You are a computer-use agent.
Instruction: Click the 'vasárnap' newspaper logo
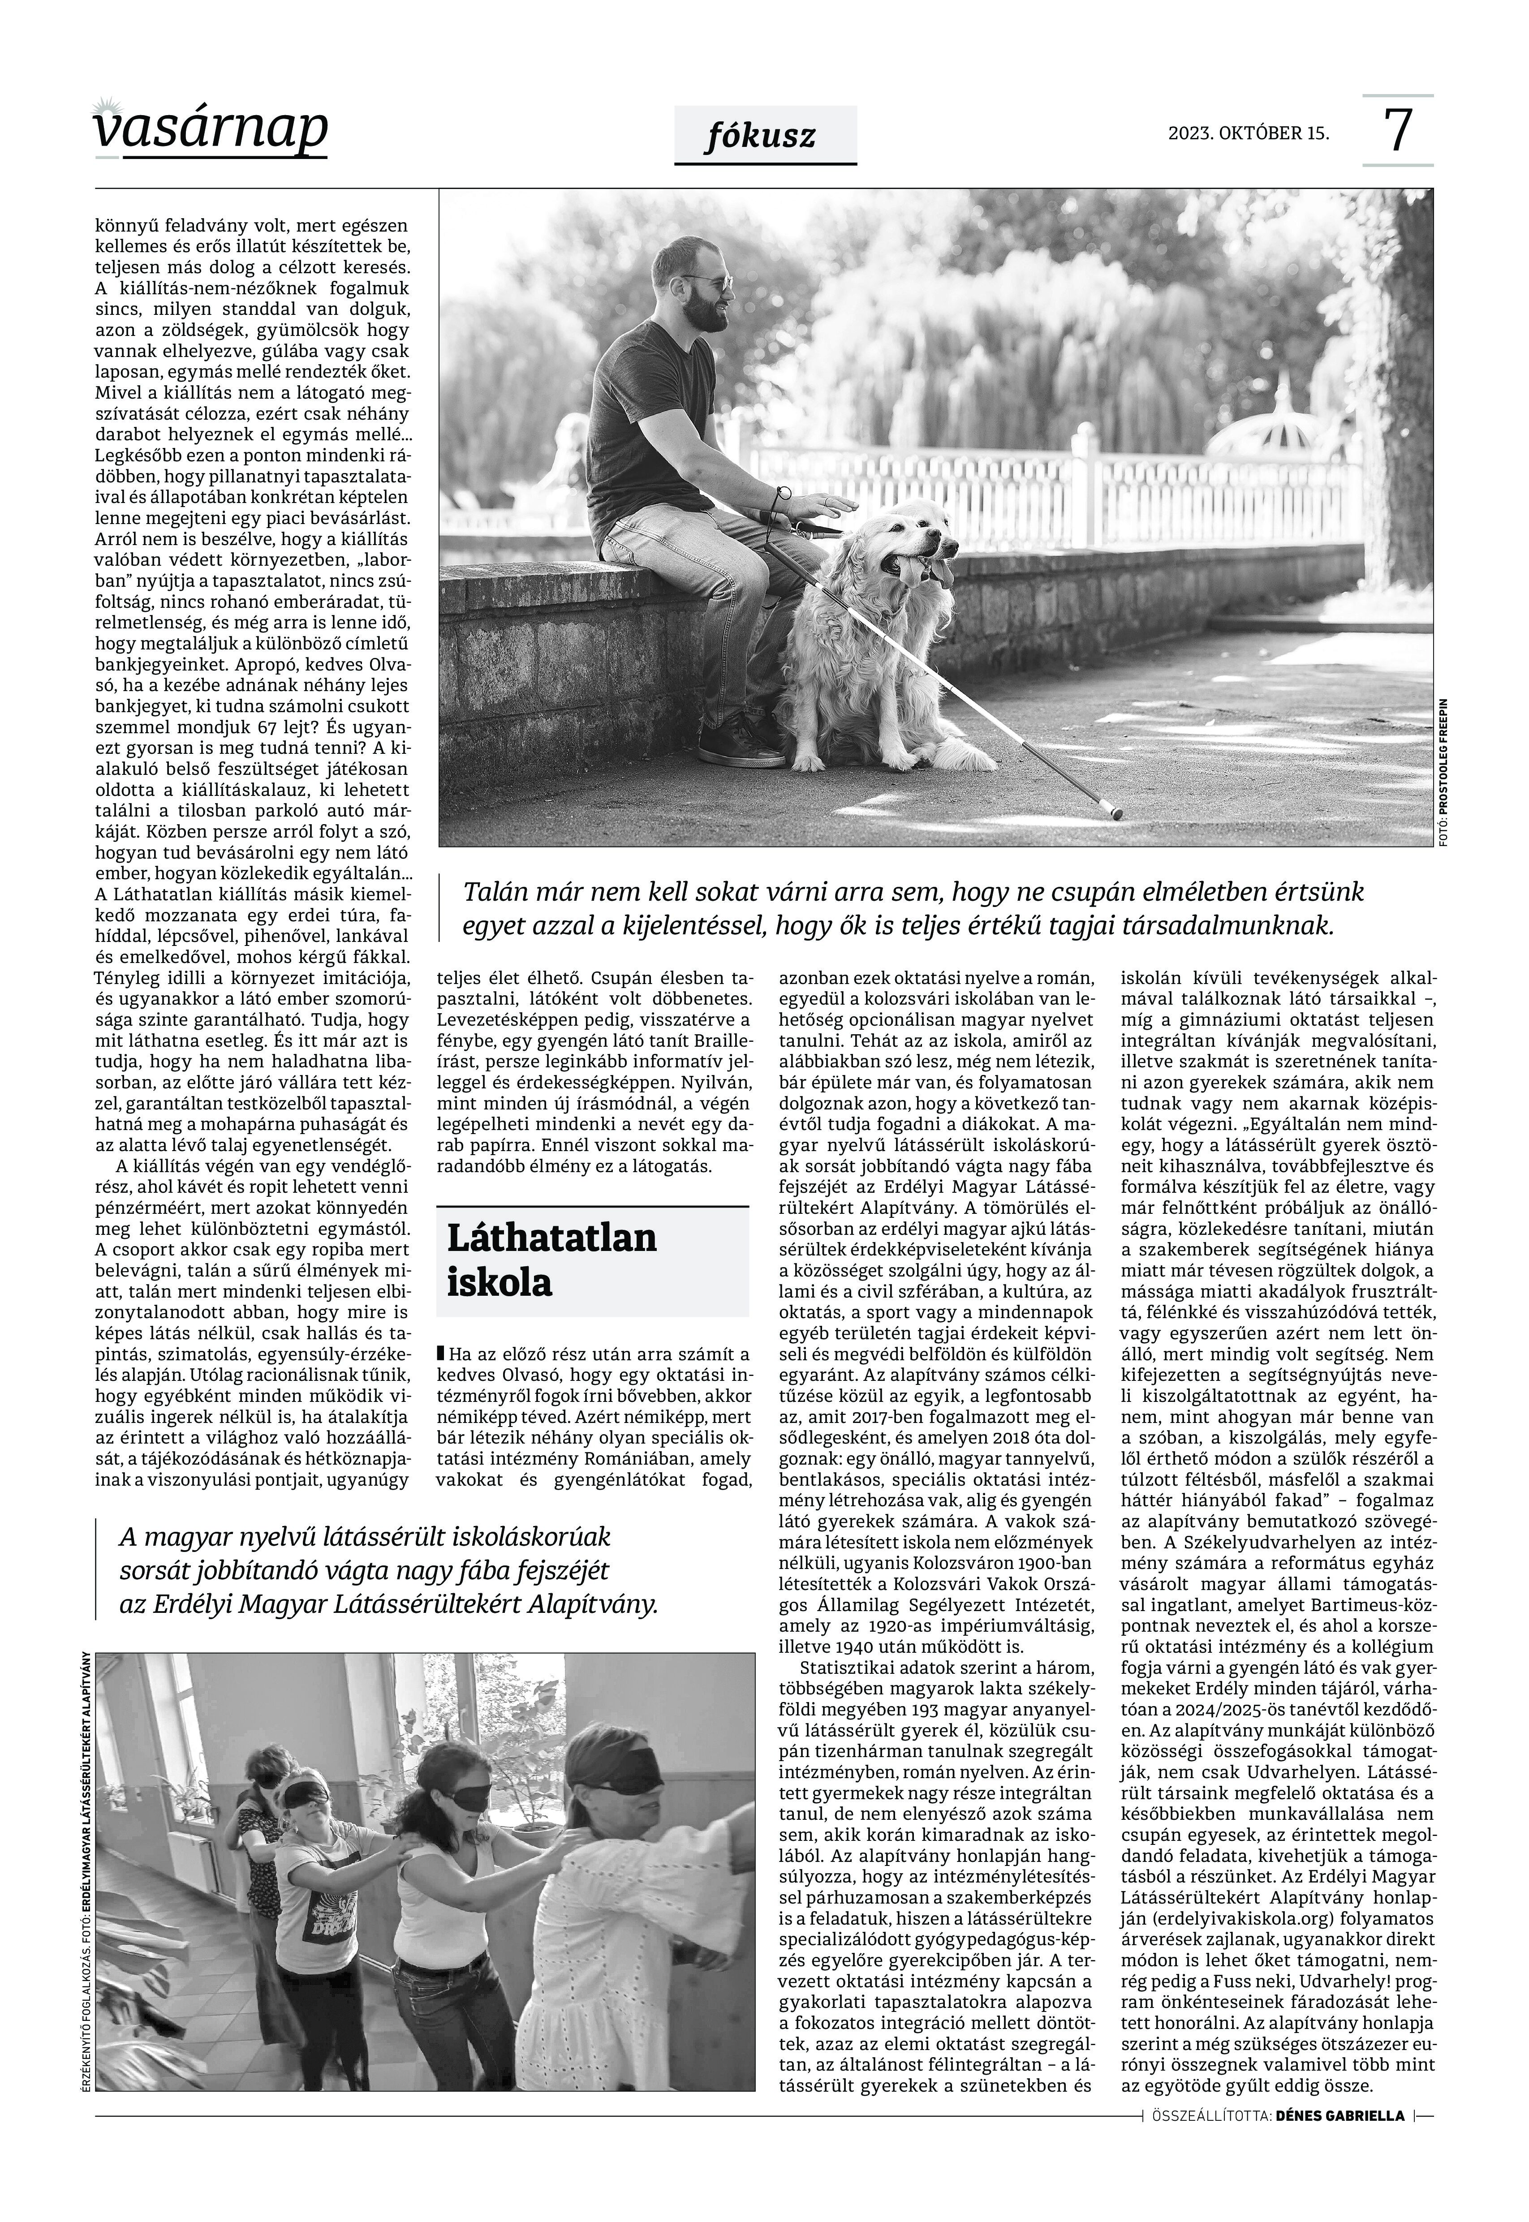pyautogui.click(x=211, y=129)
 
